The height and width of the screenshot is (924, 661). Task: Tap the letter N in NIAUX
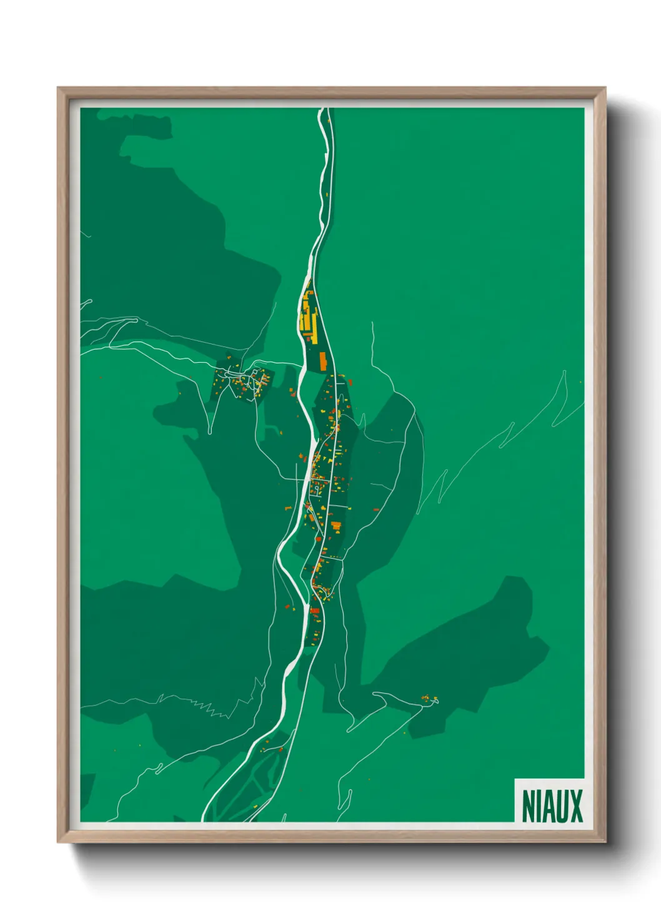point(529,806)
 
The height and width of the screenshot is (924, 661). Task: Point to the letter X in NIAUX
point(576,806)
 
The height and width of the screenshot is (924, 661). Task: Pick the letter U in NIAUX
point(562,806)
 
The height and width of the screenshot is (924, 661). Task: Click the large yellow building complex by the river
point(307,315)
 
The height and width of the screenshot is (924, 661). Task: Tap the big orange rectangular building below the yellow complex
point(323,360)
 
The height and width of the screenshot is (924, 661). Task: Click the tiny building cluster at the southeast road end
point(429,699)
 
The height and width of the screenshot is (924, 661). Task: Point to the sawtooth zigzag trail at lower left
point(209,708)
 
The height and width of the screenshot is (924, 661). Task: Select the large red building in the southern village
point(315,610)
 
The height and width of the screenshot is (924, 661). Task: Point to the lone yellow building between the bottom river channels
point(281,749)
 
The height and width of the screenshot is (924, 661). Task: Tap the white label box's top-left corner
point(515,779)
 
